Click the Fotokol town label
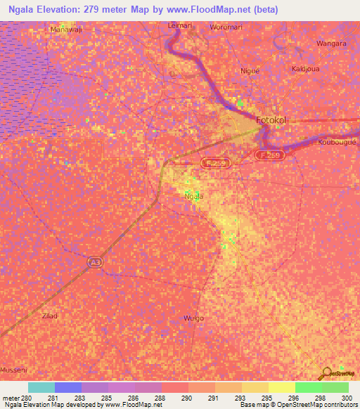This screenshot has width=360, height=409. pos(272,120)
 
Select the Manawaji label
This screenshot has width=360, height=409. pos(67,30)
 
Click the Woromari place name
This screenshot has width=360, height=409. pos(226,27)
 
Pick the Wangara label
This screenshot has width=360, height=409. pos(333,43)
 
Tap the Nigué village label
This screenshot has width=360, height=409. pos(250,70)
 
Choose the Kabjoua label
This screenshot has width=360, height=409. pos(306,69)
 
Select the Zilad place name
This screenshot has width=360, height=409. pos(50,316)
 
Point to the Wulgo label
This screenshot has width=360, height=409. pos(193,318)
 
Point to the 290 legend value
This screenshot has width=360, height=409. pos(186,398)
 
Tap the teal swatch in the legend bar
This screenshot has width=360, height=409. pos(41,387)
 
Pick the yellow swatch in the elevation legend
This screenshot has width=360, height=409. pos(282,387)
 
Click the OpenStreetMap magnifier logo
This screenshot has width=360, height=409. pos(326,374)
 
